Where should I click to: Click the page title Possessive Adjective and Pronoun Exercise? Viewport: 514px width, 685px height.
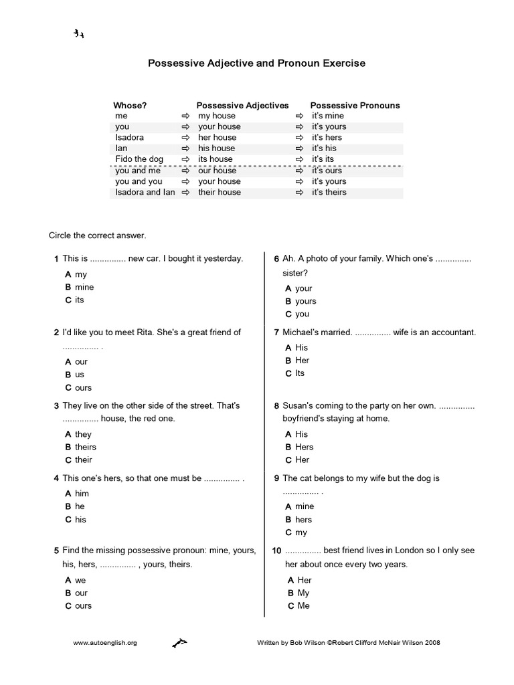point(256,64)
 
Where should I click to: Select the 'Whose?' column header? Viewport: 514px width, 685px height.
point(130,105)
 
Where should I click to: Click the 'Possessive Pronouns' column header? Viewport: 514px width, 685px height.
point(355,105)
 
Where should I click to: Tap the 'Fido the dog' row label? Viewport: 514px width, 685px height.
point(139,159)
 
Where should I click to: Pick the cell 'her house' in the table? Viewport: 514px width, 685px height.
point(217,137)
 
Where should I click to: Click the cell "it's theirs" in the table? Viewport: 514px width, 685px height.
point(329,192)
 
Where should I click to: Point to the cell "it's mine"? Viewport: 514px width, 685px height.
point(328,116)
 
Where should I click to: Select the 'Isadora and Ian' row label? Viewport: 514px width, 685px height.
point(145,192)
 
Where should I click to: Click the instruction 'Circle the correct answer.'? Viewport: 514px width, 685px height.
point(98,235)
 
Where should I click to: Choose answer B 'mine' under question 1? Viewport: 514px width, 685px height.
point(80,287)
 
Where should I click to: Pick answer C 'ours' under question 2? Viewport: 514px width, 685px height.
point(79,387)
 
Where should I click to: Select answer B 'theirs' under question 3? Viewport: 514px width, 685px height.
point(81,447)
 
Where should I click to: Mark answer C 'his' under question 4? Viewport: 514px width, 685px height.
point(76,519)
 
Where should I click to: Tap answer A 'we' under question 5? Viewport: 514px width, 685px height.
point(76,580)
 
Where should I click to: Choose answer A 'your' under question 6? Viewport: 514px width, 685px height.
point(299,288)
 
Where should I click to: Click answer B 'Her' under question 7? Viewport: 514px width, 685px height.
point(298,360)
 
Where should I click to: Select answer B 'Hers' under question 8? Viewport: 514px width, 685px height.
point(300,447)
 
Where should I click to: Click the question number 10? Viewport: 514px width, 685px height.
point(276,551)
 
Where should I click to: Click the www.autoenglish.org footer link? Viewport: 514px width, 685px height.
point(104,643)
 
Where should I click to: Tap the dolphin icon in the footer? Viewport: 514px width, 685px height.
point(179,643)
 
